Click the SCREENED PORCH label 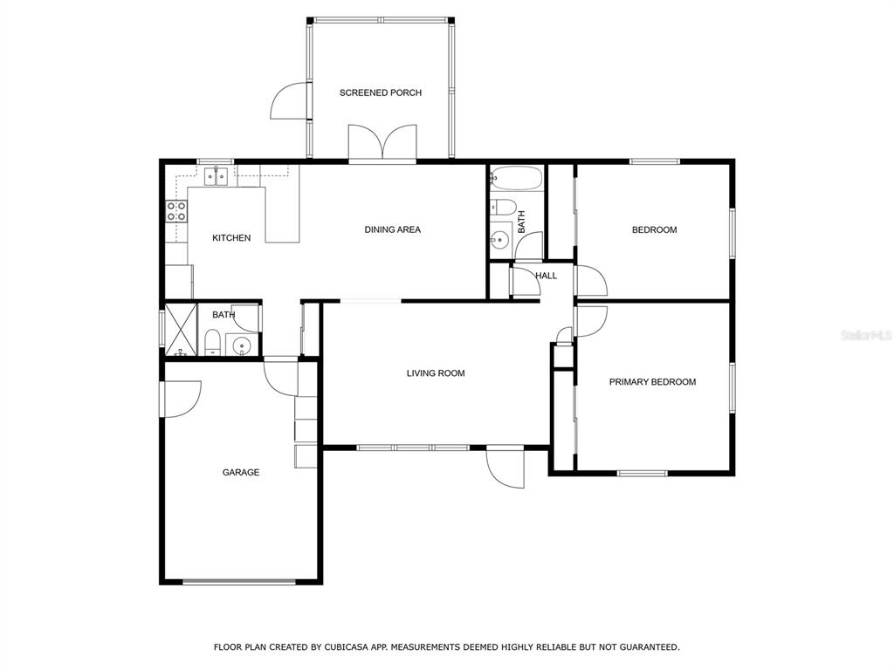tap(381, 92)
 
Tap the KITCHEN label tap(231, 237)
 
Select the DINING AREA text tap(392, 229)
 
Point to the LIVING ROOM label tap(436, 373)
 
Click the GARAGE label tap(241, 472)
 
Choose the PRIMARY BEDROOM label tap(652, 382)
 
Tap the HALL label tap(547, 276)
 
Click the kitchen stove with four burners tap(176, 211)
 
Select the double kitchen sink tap(217, 176)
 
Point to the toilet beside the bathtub tap(503, 207)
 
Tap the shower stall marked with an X tap(181, 331)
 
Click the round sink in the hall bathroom tap(499, 239)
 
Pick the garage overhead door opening tap(239, 582)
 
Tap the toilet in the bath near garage tap(212, 342)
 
